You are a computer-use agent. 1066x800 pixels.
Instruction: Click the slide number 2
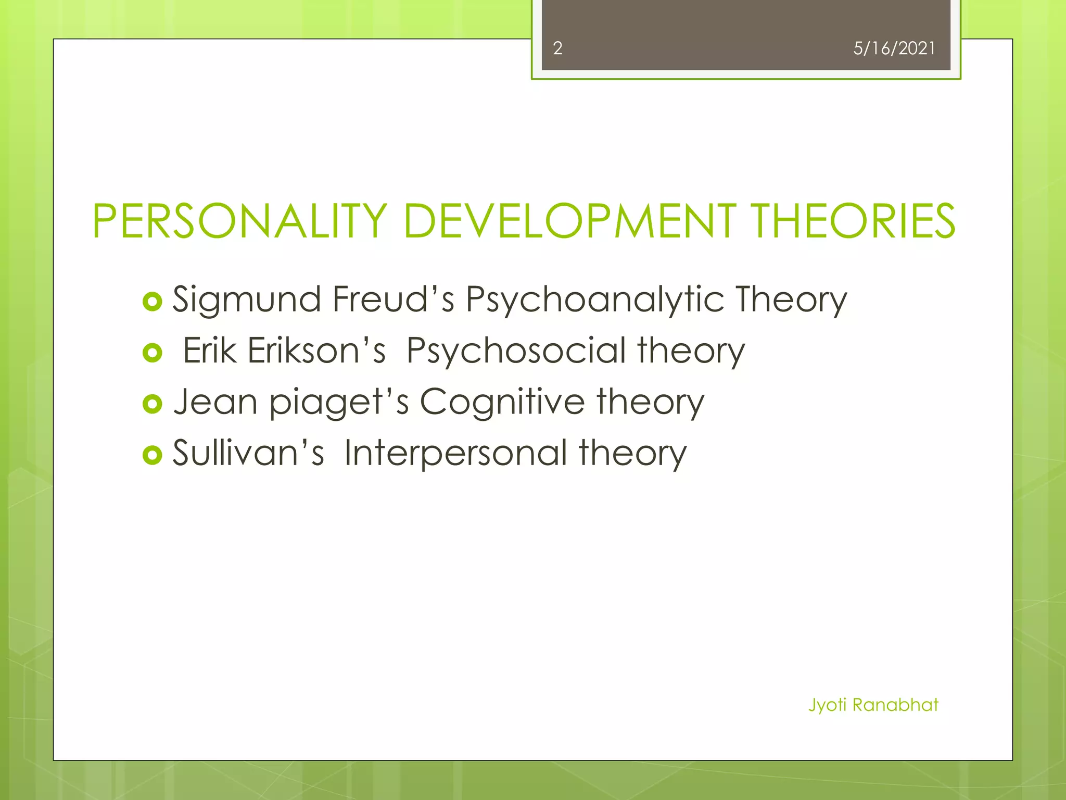pos(557,48)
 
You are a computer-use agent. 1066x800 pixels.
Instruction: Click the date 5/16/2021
pos(894,48)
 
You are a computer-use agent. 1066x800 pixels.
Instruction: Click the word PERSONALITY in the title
pos(240,221)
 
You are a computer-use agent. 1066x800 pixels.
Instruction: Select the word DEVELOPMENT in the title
pos(569,221)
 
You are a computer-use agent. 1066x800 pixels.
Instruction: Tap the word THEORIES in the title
pos(854,221)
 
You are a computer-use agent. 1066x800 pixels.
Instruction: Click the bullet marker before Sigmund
pos(153,302)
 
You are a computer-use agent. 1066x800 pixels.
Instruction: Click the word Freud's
pos(394,299)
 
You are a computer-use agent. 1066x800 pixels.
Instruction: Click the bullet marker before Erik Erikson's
pos(153,353)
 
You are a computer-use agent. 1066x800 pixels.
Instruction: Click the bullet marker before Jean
pos(153,404)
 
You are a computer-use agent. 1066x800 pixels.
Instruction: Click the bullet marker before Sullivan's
pos(153,455)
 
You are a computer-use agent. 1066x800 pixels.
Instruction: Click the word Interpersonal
pos(456,454)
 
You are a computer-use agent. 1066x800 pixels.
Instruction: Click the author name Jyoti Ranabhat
pos(873,705)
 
